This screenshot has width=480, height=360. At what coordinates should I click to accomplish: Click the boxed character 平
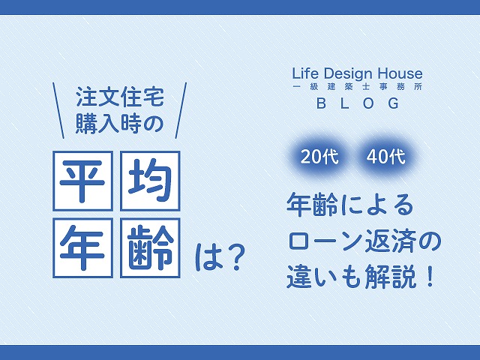(x=83, y=181)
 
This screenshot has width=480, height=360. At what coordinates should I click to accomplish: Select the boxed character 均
(x=150, y=181)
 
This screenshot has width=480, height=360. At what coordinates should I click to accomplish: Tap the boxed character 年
(x=83, y=247)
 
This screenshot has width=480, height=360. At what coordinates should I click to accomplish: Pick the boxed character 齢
(x=150, y=247)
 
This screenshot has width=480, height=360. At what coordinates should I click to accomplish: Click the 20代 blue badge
(x=319, y=157)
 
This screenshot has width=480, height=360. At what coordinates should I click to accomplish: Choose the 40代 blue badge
(x=385, y=157)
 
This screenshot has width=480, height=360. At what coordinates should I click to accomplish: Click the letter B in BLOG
(x=321, y=103)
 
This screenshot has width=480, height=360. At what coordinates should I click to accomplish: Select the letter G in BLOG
(x=394, y=103)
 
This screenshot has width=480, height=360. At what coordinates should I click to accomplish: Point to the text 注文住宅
(x=120, y=97)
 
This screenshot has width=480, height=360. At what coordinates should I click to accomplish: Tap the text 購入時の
(x=119, y=124)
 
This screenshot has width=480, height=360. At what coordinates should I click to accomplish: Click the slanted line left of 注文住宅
(x=58, y=110)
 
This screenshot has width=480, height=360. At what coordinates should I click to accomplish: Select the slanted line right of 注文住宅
(x=181, y=110)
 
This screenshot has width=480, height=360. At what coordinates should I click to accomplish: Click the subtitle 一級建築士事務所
(x=358, y=87)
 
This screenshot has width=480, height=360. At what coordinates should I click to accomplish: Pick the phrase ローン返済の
(x=364, y=241)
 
